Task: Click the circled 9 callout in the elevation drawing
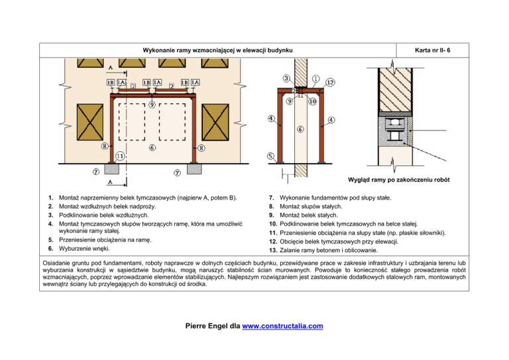152,105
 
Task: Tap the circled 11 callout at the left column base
120,156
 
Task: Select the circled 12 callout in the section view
329,82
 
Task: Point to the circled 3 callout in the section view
285,78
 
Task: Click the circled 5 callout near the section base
271,156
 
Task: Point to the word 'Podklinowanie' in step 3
81,215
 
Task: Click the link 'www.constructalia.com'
281,326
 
